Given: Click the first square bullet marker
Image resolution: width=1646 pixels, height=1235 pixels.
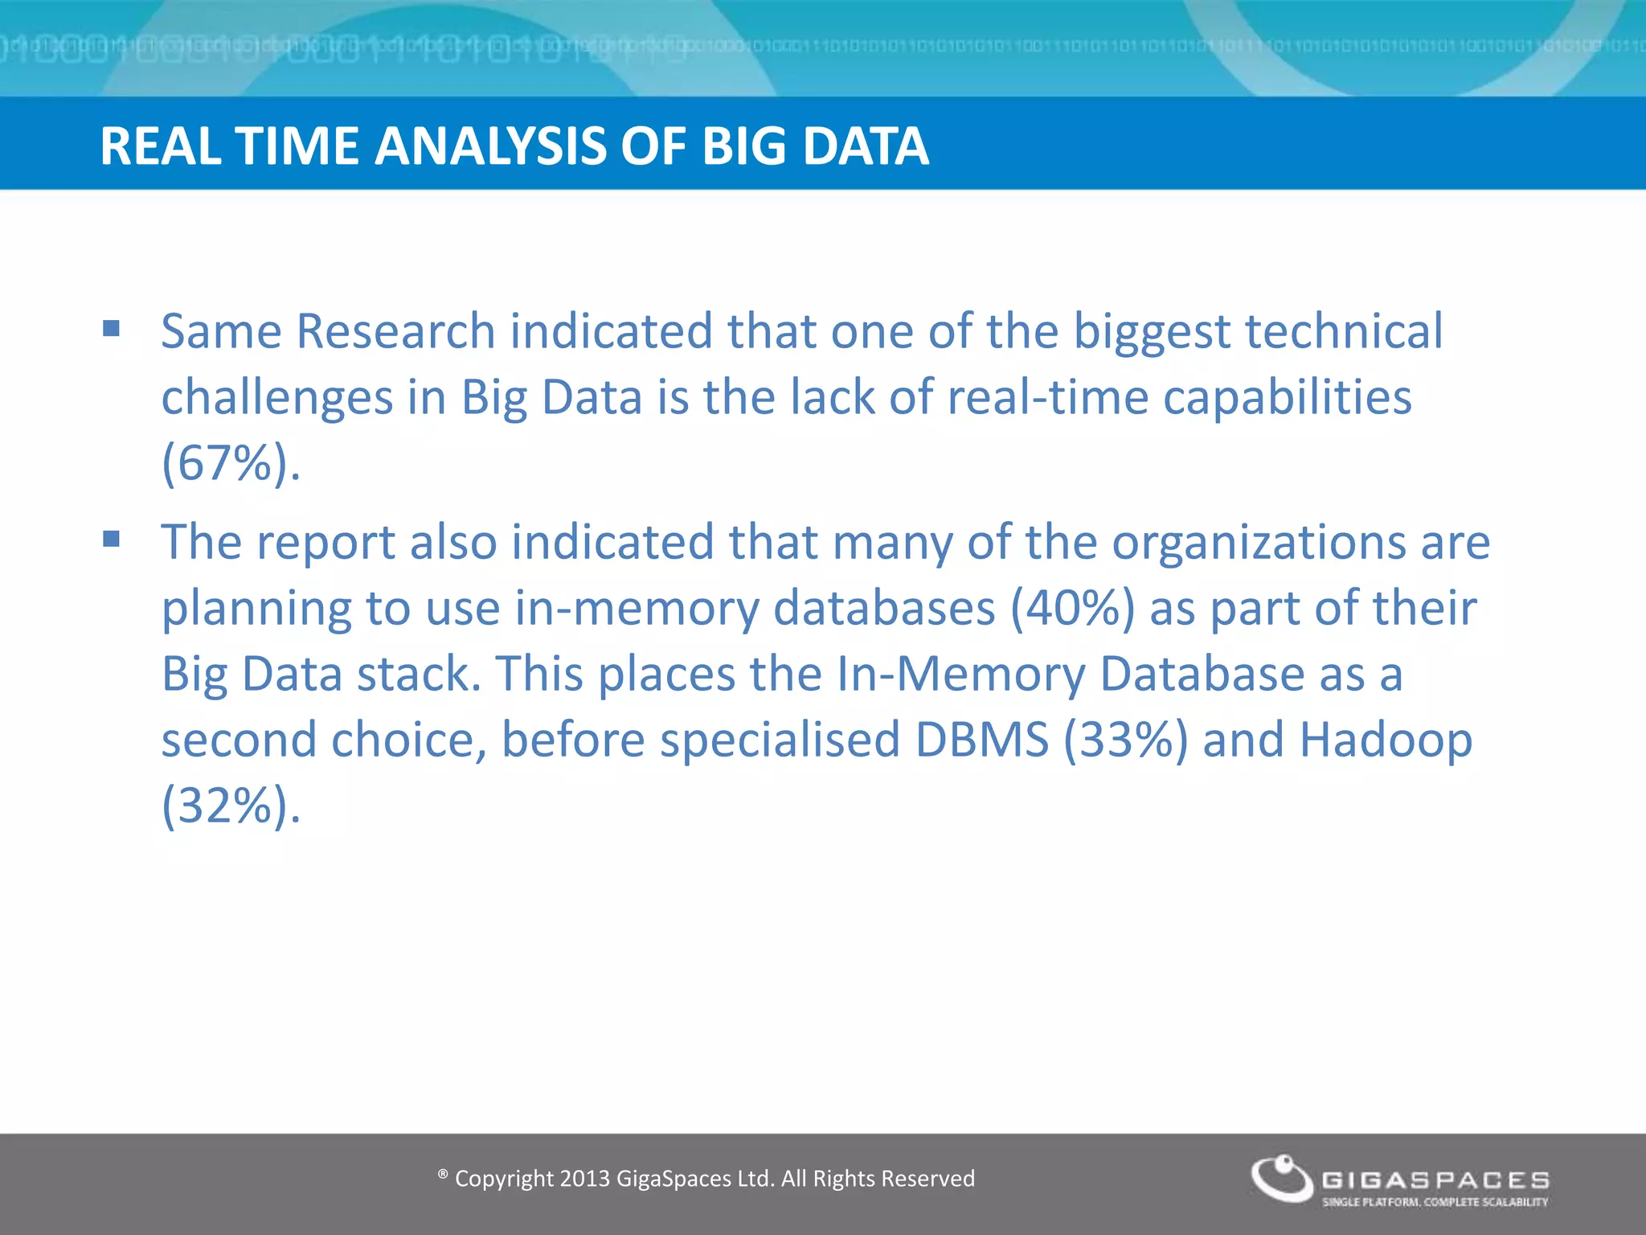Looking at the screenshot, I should pos(111,328).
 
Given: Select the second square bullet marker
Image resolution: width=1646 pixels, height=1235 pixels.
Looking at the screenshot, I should pos(111,539).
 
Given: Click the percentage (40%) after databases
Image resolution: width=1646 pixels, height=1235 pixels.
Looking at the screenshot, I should pos(1072,608).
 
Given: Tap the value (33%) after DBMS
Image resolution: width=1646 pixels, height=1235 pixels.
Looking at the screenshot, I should pos(1125,740).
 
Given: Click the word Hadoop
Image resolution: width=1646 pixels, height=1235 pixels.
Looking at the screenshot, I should pos(1386,740).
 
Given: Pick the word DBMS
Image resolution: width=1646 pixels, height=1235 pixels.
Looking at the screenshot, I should pos(982,740).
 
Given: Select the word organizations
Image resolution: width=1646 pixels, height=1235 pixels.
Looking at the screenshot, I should pos(1259,542).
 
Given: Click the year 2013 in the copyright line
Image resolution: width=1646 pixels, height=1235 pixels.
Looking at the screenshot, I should pos(584,1179).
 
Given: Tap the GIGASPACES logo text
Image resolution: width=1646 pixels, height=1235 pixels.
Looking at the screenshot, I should pos(1435,1180).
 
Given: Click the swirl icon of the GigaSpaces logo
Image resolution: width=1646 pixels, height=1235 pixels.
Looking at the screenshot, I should pos(1282,1178).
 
